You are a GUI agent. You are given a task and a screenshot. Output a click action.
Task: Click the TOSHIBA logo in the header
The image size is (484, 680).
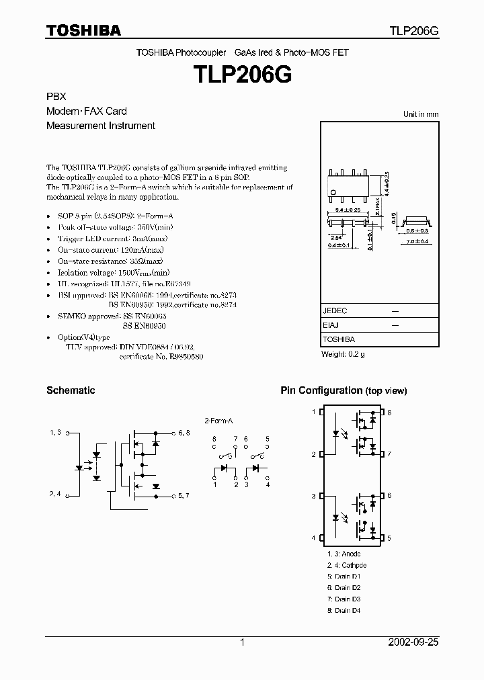click(83, 30)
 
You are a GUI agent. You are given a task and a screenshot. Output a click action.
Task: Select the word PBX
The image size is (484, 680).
click(56, 97)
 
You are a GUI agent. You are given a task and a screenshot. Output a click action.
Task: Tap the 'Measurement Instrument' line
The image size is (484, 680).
click(101, 126)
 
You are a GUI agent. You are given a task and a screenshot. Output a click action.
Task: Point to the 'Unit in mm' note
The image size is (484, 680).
click(421, 114)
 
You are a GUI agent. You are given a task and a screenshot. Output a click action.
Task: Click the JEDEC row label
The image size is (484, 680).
click(335, 311)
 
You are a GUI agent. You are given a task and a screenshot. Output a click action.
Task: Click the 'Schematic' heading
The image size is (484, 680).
click(71, 390)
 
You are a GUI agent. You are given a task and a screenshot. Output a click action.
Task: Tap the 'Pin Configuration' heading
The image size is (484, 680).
click(321, 390)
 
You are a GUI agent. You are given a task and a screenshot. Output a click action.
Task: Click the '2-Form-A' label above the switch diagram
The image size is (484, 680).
click(218, 420)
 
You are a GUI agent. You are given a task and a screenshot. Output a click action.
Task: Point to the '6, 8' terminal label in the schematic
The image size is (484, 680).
click(184, 433)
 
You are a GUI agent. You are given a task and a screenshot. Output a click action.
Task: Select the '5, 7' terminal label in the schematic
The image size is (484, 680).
click(184, 496)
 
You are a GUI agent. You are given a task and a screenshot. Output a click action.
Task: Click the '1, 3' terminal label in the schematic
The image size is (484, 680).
click(55, 433)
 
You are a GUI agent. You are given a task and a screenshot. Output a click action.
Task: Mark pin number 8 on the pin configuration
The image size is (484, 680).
click(389, 412)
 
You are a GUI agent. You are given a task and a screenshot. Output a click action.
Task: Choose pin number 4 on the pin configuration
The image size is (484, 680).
click(313, 538)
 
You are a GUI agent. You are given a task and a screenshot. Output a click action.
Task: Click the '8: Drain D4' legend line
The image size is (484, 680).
click(344, 611)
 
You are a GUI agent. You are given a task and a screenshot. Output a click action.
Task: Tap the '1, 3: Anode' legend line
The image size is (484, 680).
click(344, 554)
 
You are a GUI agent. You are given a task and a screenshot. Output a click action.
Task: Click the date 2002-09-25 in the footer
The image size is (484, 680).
click(412, 642)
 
